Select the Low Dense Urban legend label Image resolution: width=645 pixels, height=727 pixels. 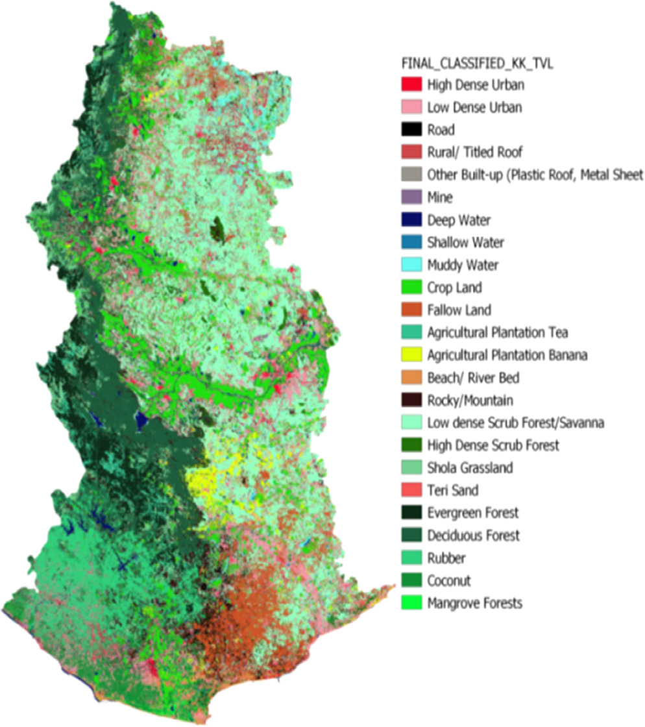click(x=474, y=107)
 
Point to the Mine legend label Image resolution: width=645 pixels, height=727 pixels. click(x=440, y=197)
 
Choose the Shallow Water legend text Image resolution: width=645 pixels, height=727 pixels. click(x=465, y=243)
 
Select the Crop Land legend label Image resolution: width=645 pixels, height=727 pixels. click(x=454, y=288)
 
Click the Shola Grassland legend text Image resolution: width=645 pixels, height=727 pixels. click(x=470, y=468)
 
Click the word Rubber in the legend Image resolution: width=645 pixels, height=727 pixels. click(x=446, y=558)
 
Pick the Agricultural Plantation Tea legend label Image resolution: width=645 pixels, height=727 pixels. click(x=498, y=333)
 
